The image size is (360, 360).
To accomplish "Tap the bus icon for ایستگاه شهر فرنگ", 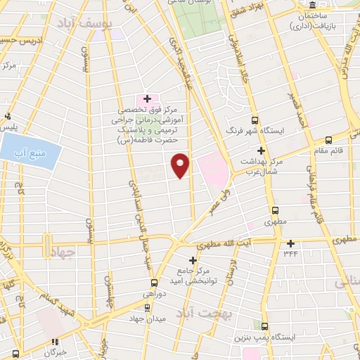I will click(255, 120).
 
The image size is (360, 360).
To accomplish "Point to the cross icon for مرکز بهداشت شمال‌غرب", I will click(262, 150).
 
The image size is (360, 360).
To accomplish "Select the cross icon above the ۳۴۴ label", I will click(290, 243).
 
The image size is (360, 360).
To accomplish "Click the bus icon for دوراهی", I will click(147, 307).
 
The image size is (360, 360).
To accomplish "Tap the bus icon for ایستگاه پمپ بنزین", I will click(264, 326).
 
